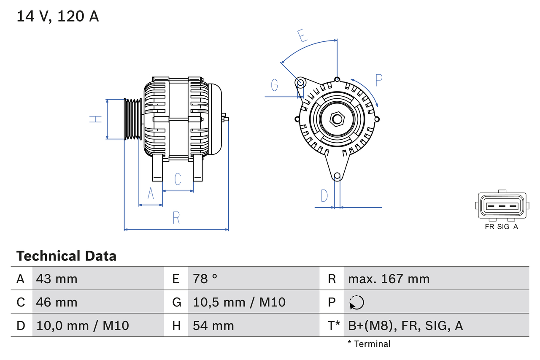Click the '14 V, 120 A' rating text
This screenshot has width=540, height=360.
pos(58,16)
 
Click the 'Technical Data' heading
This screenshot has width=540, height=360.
pos(66,256)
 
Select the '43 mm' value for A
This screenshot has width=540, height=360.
pos(57,279)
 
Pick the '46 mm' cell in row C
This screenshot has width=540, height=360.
pos(57,302)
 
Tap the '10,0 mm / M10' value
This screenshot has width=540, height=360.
pos(83,325)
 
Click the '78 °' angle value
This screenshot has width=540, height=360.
pos(205,279)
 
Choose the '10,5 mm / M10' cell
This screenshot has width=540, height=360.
pos(239,302)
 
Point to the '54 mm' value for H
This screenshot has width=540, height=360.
pos(213,325)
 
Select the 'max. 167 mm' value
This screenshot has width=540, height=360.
pos(389,279)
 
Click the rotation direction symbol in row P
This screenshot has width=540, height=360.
pos(356,302)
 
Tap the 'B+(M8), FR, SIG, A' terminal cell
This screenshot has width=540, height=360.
pos(405,325)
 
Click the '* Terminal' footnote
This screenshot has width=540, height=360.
pos(369,344)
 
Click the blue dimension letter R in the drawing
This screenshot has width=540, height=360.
pos(176,218)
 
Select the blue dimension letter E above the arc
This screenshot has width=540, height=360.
pos(302,36)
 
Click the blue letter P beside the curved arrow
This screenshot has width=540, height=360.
pos(378,80)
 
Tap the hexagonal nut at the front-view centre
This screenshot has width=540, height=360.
pos(337,119)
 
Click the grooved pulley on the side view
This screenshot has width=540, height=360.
pos(132,119)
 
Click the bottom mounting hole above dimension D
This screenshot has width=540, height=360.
pos(337,176)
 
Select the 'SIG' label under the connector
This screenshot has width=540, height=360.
pos(503,227)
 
